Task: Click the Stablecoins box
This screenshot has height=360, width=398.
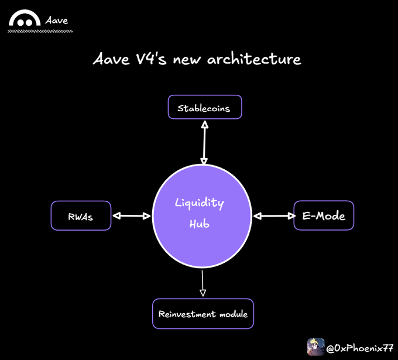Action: click(x=204, y=108)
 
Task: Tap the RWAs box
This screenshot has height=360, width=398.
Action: click(x=81, y=216)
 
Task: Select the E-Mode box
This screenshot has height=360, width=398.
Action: click(x=324, y=216)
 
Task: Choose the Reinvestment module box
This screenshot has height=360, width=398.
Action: click(x=203, y=314)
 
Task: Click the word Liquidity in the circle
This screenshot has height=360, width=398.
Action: click(x=200, y=203)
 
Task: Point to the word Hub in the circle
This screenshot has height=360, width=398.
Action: click(x=200, y=224)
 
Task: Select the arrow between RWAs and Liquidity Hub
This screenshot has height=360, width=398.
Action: click(x=132, y=216)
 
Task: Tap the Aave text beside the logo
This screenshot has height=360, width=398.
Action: click(x=57, y=20)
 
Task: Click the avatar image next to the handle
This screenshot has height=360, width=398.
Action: click(x=316, y=347)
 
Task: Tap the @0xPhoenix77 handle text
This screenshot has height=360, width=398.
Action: click(x=359, y=348)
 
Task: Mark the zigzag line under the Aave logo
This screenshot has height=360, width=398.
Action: click(x=40, y=31)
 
